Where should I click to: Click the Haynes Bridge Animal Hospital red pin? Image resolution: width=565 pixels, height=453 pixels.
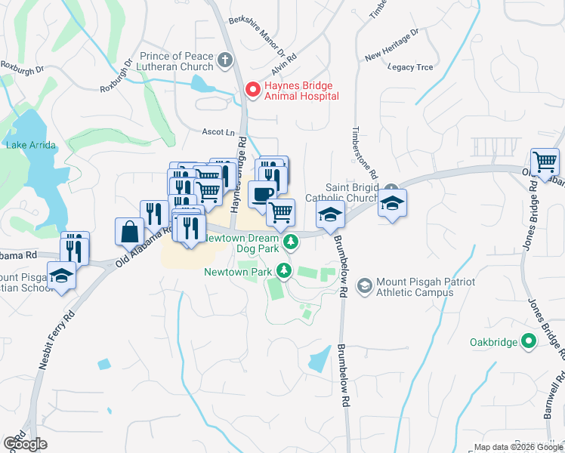coord(252,91)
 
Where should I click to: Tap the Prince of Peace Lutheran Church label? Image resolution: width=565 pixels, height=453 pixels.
coord(178,62)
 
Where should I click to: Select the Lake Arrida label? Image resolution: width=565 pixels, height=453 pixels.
coord(31,145)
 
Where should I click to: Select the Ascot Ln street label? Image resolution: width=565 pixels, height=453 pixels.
coord(218,131)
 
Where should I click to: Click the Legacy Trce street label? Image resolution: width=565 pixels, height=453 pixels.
coord(410,67)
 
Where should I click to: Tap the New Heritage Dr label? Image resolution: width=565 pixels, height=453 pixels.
coord(391,45)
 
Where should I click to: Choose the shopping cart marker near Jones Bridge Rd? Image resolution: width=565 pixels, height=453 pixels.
coord(545,162)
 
